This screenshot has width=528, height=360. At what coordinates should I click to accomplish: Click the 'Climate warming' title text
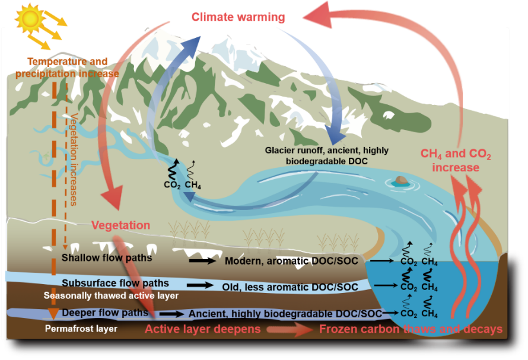tap(238, 17)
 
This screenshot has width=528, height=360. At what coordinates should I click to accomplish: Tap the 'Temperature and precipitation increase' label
tap(68, 68)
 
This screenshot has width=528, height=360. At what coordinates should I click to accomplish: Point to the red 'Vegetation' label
tap(120, 225)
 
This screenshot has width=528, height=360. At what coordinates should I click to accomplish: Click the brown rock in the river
tap(401, 180)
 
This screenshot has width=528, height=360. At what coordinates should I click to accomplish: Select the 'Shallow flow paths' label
tap(107, 258)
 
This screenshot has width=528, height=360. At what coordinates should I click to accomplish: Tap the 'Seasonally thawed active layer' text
tap(111, 295)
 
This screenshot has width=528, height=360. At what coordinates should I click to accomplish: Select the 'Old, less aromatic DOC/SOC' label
tap(290, 287)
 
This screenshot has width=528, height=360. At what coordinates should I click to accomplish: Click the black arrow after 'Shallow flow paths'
tap(201, 260)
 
